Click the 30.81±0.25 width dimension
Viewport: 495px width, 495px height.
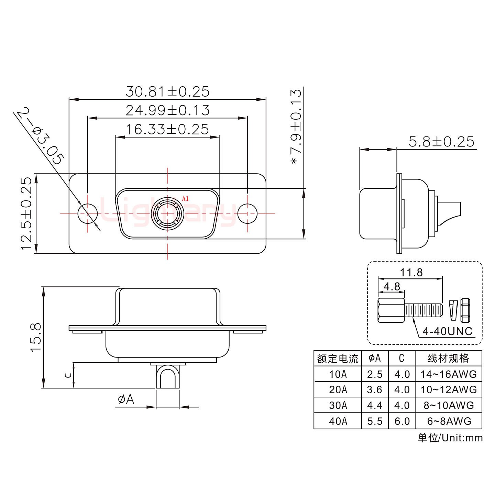click(167, 92)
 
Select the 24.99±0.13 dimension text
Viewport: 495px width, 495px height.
click(167, 110)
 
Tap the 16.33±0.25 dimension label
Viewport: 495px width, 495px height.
click(167, 129)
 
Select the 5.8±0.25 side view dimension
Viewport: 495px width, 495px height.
click(441, 142)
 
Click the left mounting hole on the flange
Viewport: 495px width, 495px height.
click(88, 213)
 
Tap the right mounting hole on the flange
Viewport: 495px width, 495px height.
click(247, 213)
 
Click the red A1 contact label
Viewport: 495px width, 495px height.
click(185, 199)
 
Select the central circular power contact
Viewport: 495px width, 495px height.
click(167, 213)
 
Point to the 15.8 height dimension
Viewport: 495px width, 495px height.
click(36, 337)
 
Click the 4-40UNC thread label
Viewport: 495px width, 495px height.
click(447, 331)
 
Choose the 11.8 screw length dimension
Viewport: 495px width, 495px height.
click(411, 273)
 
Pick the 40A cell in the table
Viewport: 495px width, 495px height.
click(338, 421)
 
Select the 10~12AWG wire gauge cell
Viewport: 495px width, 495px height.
click(449, 389)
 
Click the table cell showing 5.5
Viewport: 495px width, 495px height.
click(375, 421)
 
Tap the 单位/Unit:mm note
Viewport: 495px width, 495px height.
click(450, 438)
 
